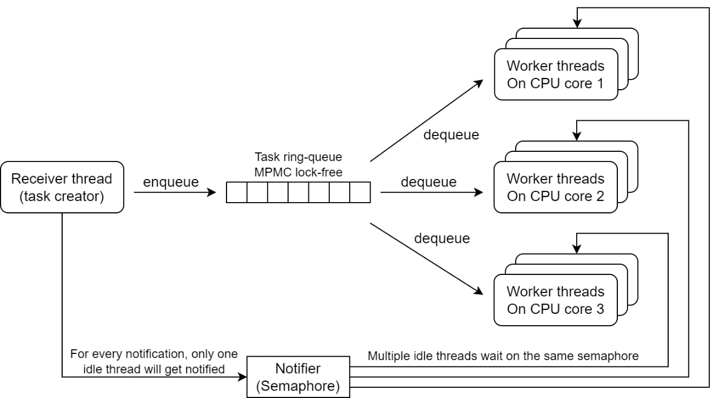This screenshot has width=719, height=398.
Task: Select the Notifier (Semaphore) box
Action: (x=298, y=377)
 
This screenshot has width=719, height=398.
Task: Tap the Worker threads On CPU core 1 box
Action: (x=555, y=74)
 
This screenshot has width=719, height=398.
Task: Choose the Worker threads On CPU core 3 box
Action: (x=555, y=300)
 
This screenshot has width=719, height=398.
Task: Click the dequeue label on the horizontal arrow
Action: (x=428, y=182)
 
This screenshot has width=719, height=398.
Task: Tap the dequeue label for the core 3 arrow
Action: (x=442, y=238)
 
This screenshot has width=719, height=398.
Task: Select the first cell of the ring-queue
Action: (x=237, y=193)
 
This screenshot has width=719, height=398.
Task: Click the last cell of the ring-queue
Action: (x=360, y=193)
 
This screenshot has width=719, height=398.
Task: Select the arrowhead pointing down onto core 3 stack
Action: (x=576, y=248)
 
